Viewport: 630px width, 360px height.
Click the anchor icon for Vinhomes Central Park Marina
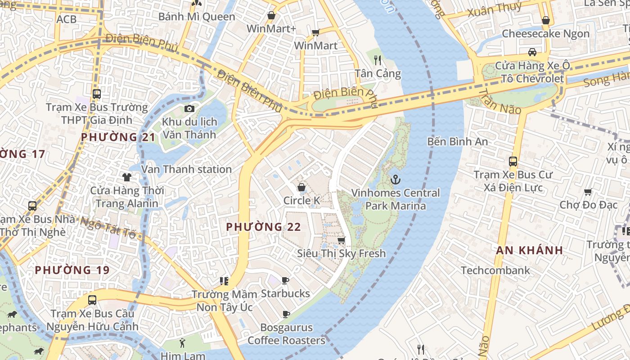(395, 180)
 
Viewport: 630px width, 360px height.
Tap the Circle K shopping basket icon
(301, 187)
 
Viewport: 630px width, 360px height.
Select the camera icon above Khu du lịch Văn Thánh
(189, 108)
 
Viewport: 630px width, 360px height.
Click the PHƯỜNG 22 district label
(263, 227)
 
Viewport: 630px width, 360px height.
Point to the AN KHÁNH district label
(529, 251)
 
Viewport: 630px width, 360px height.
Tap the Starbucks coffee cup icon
(285, 281)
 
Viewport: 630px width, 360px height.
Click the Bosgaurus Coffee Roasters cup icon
(286, 314)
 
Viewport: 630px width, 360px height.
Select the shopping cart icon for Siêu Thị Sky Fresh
(342, 240)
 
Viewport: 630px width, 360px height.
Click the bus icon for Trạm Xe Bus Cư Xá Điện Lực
(513, 162)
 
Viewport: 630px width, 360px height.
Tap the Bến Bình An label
(457, 141)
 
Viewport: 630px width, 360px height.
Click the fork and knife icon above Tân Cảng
(378, 60)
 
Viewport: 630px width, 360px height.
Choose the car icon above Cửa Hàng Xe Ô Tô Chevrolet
(532, 52)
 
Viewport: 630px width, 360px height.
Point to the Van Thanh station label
(186, 169)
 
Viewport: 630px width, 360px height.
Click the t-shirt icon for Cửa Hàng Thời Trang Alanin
(127, 177)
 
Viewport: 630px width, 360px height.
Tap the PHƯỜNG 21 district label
(118, 137)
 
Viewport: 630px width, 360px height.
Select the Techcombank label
(495, 270)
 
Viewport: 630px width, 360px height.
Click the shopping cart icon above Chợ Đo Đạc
(588, 192)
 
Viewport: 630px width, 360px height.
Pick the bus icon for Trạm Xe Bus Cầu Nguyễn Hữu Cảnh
(92, 300)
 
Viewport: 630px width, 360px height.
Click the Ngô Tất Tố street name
(108, 228)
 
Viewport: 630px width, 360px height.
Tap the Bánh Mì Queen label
(197, 17)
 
